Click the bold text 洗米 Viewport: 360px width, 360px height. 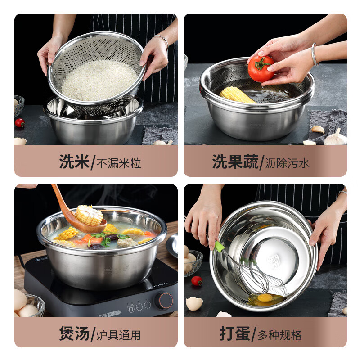[x=74, y=162]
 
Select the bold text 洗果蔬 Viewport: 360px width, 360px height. [x=235, y=162]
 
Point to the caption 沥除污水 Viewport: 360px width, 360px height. [x=287, y=162]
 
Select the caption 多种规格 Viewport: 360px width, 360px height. [x=279, y=335]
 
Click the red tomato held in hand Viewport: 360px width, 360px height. [x=261, y=68]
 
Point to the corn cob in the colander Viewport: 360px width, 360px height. [x=237, y=94]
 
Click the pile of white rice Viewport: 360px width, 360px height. [x=99, y=81]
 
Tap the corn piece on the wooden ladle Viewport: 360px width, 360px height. [x=89, y=215]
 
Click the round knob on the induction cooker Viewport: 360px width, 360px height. [x=165, y=300]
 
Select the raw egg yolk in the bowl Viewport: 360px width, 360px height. [x=265, y=297]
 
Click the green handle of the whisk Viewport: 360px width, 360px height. [x=220, y=247]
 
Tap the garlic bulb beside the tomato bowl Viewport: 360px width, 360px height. [x=335, y=137]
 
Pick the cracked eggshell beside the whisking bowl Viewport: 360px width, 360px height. [x=194, y=303]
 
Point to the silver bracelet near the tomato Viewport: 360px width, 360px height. [x=315, y=55]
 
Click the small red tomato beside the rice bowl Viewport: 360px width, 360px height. [x=20, y=123]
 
